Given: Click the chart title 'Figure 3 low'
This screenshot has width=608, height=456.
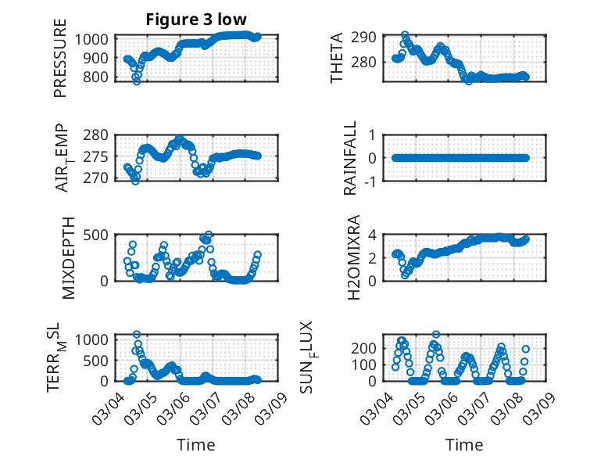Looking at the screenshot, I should pyautogui.click(x=196, y=20).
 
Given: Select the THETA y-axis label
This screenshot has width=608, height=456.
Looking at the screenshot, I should pyautogui.click(x=337, y=59).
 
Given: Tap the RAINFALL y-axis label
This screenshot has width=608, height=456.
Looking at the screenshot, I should pyautogui.click(x=351, y=158).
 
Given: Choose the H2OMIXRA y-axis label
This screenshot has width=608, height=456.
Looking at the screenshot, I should pyautogui.click(x=352, y=257).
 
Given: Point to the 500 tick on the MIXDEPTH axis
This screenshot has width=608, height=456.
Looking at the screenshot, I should pyautogui.click(x=99, y=235).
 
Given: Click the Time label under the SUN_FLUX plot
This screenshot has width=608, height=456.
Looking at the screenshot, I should pyautogui.click(x=464, y=444).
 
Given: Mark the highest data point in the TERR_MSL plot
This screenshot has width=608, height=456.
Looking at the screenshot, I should pyautogui.click(x=137, y=335).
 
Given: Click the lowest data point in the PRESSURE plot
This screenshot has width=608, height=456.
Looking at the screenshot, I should pyautogui.click(x=137, y=81).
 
